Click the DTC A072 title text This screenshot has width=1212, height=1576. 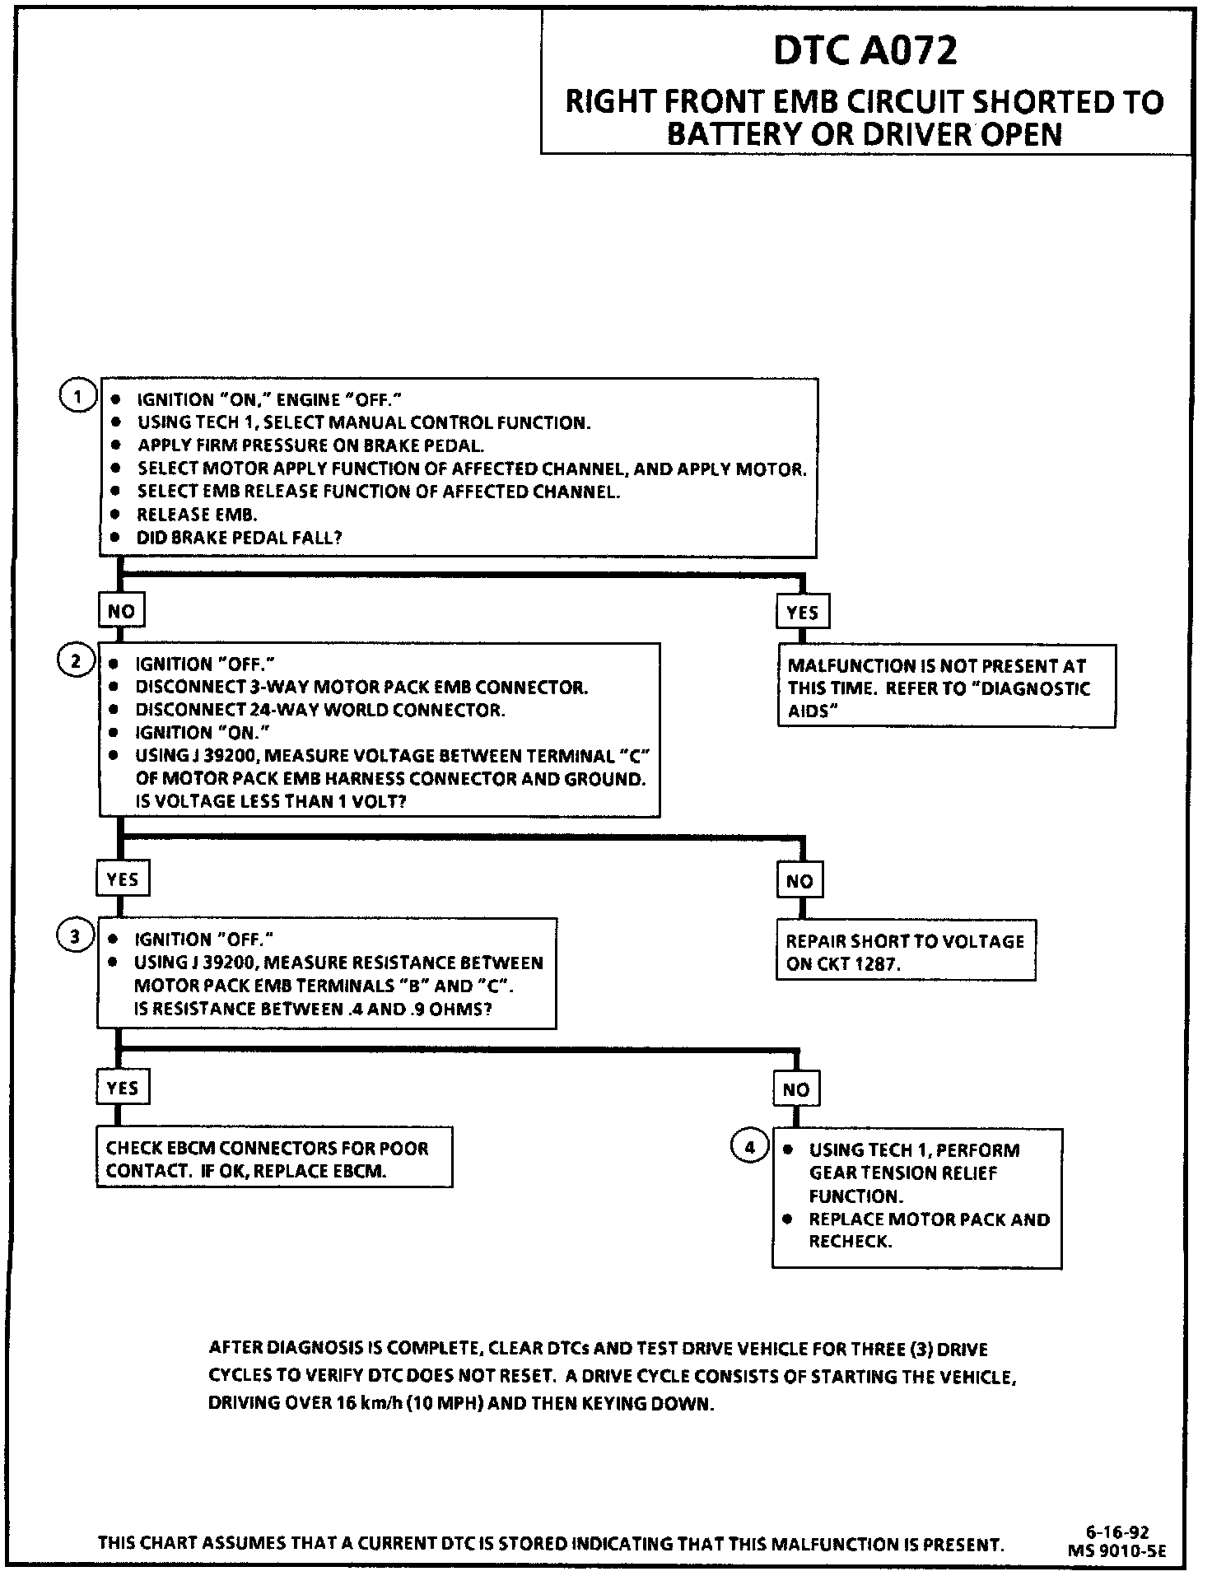[x=865, y=51]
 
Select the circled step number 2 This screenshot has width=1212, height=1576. [x=75, y=661]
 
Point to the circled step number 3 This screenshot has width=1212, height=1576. [x=75, y=936]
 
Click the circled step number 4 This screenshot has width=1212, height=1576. [x=749, y=1146]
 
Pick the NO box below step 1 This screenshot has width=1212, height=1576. [x=121, y=611]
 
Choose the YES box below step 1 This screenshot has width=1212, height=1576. [x=802, y=613]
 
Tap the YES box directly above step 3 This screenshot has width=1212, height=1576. [x=122, y=879]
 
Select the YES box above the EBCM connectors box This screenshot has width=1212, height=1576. [x=122, y=1088]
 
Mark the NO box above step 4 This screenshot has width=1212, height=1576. [x=796, y=1089]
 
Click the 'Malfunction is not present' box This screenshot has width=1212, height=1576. [x=946, y=688]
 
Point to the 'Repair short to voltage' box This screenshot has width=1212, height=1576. [x=905, y=952]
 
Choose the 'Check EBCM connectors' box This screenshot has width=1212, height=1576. [x=274, y=1159]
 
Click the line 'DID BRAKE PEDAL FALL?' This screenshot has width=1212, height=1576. [x=239, y=538]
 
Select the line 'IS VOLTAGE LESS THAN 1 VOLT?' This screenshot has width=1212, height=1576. [x=270, y=801]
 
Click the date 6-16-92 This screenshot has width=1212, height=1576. [x=1116, y=1532]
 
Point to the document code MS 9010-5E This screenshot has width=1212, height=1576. [x=1116, y=1550]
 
